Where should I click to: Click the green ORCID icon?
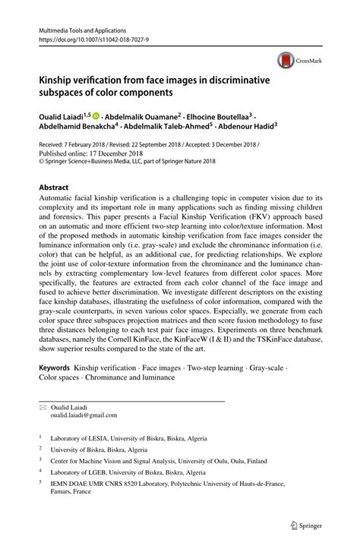tap(96, 116)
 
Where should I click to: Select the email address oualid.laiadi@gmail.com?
tap(84, 415)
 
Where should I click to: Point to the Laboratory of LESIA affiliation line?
tap(128, 438)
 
